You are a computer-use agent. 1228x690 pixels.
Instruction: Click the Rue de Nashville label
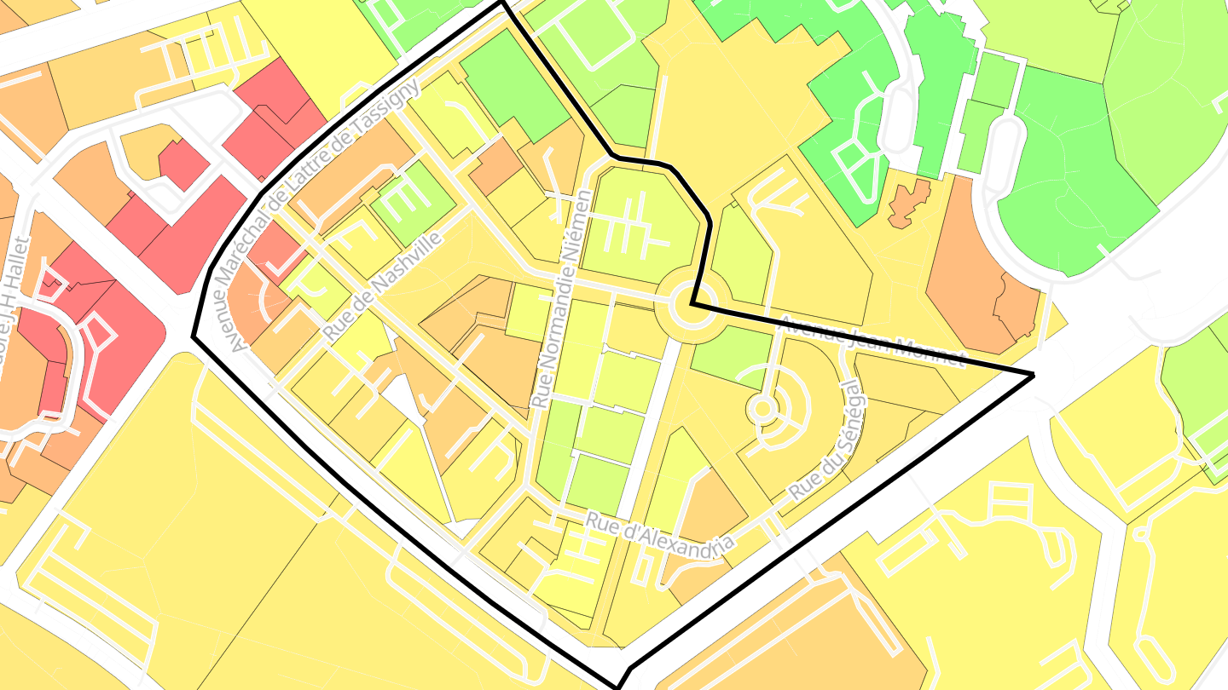click(x=384, y=286)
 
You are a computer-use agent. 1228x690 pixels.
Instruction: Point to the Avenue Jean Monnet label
click(x=873, y=341)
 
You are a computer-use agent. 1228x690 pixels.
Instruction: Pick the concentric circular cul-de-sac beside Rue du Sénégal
click(x=763, y=410)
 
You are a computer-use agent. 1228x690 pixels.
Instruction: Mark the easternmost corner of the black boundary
click(x=1034, y=374)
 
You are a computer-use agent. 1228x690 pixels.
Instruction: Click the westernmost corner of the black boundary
click(x=194, y=336)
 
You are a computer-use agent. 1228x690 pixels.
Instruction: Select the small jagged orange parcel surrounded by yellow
click(x=909, y=203)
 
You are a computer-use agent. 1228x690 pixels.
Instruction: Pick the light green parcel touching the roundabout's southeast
click(x=729, y=352)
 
